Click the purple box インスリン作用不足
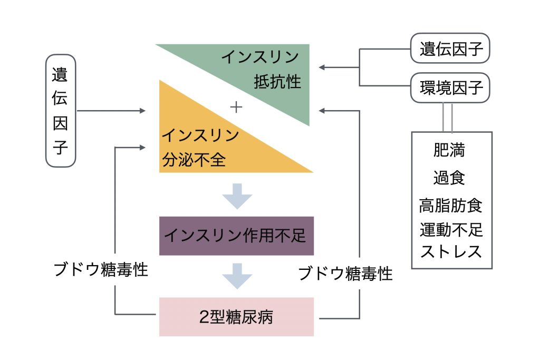tap(236, 236)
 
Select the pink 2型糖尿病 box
tap(236, 317)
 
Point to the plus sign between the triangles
tap(236, 107)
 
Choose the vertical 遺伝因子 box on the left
tap(61, 111)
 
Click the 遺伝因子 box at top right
tap(451, 49)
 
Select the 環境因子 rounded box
tap(451, 87)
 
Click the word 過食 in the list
tap(449, 177)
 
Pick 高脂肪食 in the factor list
tap(451, 205)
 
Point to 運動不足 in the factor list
tap(451, 230)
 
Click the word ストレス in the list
tap(451, 251)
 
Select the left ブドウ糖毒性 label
tap(101, 270)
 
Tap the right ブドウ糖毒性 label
tap(345, 273)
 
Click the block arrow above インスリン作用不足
tap(237, 196)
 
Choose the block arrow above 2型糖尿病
tap(237, 276)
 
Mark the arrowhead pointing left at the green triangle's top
tap(322, 67)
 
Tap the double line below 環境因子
tap(447, 117)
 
